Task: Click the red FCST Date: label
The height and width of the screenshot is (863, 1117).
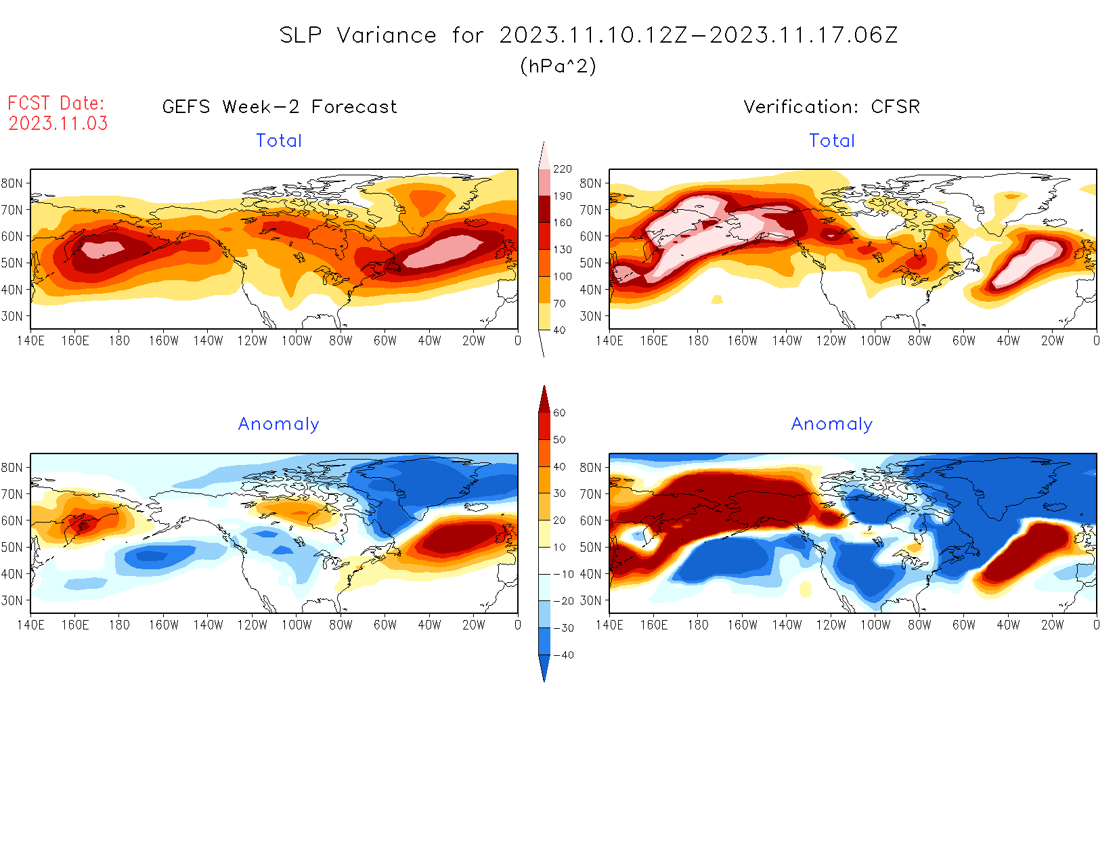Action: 56,103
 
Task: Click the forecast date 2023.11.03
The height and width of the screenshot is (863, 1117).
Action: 58,123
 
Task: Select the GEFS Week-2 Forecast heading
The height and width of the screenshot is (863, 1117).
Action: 280,107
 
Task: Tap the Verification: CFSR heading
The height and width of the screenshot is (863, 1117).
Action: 831,107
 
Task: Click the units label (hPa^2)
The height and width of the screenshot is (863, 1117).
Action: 558,66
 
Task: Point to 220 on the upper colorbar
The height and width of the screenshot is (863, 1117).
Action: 562,169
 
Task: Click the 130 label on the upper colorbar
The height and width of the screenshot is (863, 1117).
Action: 562,250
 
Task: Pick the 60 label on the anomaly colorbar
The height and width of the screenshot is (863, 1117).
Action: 559,413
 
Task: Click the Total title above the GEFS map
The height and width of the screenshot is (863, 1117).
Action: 279,141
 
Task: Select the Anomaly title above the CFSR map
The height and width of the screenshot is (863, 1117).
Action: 831,424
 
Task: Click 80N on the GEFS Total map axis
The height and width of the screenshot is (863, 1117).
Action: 12,183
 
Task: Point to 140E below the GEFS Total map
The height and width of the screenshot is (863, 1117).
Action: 30,341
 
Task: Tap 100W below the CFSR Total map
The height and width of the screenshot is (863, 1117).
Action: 875,341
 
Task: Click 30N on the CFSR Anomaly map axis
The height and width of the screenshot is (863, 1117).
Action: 590,601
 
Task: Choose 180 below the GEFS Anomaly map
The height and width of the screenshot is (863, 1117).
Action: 119,625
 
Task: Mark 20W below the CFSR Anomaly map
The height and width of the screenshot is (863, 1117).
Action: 1052,625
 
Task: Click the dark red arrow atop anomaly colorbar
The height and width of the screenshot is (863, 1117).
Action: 544,399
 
